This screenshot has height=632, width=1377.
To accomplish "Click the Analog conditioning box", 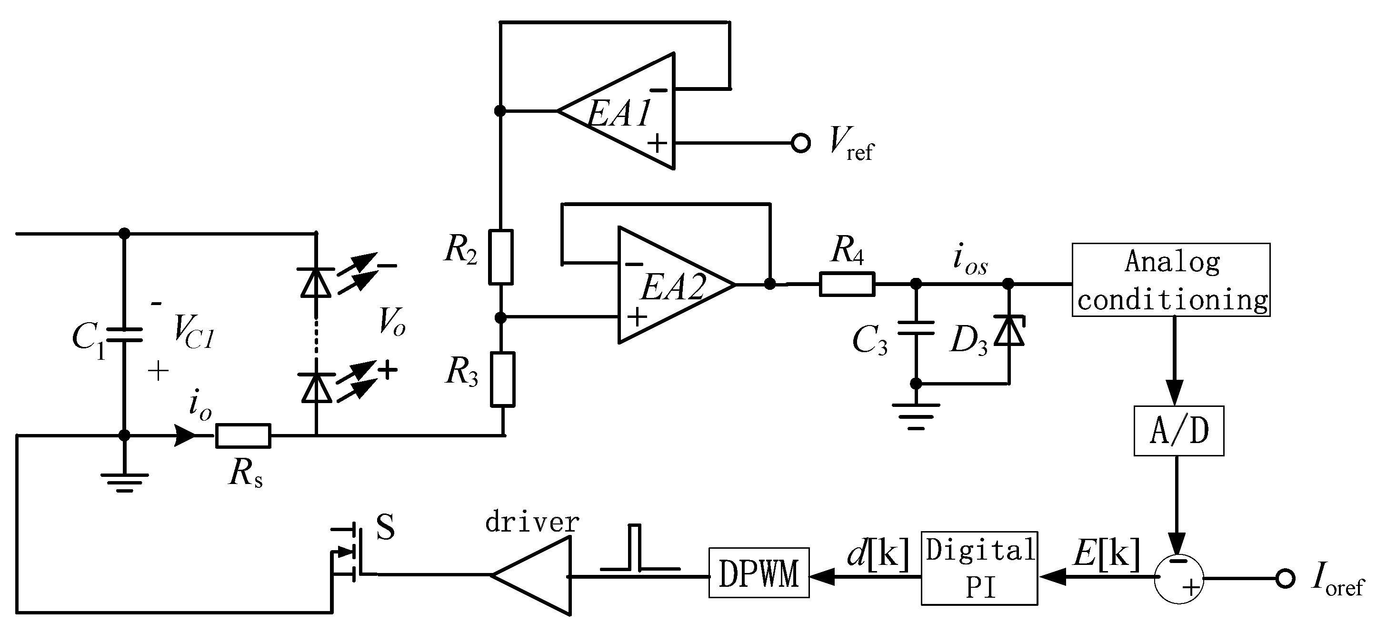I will tap(1171, 280).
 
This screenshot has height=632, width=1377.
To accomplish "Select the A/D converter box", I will tap(1178, 431).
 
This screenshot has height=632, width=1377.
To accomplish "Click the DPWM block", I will tap(758, 572).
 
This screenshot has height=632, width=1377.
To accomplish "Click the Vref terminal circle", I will tap(800, 143).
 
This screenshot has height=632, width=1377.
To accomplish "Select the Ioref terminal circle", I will tap(1285, 578).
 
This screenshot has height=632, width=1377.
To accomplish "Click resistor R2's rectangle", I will tap(501, 257).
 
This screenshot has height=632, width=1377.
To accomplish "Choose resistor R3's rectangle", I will tap(503, 379).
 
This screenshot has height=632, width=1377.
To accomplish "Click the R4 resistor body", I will tap(847, 284).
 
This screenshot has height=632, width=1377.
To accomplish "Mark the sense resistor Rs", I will tap(243, 435).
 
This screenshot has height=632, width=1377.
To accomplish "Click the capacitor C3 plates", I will tap(916, 327).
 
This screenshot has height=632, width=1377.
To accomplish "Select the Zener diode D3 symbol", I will tap(1008, 331).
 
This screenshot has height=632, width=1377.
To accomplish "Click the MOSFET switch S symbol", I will tap(348, 553).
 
